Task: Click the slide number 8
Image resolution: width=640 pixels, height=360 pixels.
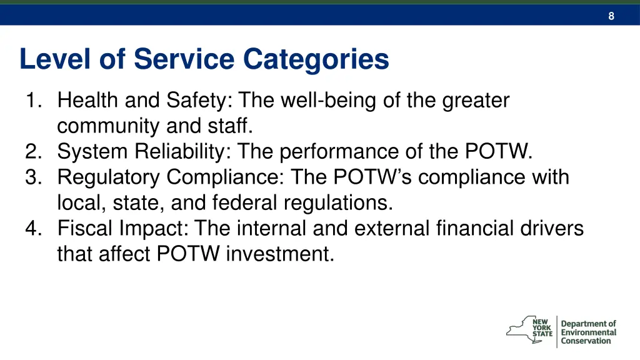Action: coord(611,16)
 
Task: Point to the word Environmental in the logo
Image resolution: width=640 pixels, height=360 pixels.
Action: coord(588,332)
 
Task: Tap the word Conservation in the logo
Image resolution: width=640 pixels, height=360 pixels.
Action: coord(586,341)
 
